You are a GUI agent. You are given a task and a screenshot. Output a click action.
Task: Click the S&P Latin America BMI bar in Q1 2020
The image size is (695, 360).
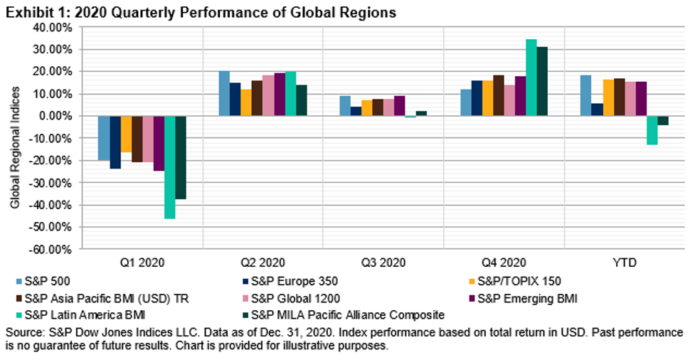(169, 166)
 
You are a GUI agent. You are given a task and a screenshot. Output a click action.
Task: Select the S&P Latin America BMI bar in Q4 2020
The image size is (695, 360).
(531, 78)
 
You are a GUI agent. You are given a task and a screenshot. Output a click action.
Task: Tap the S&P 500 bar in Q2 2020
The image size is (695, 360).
(224, 93)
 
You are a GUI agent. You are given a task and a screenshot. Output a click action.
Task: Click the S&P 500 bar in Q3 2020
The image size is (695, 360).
(345, 105)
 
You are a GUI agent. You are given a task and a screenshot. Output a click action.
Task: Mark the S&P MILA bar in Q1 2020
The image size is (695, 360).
(181, 157)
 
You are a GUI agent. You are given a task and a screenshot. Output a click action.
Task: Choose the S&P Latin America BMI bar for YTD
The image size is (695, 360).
(652, 129)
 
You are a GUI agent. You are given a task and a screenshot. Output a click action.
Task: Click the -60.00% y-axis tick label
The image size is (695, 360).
(50, 249)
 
